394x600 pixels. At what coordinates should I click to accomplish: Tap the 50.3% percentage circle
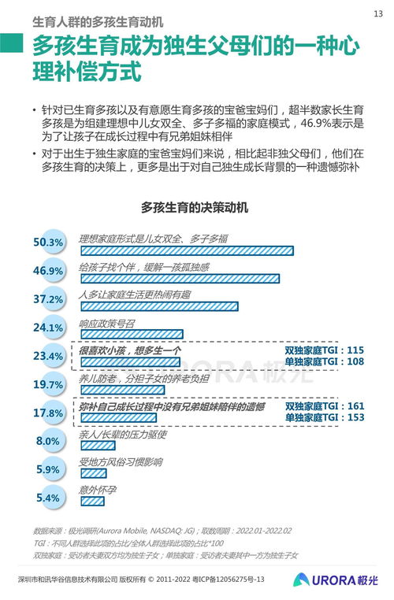click(49, 243)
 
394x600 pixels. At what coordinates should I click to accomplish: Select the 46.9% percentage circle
click(49, 271)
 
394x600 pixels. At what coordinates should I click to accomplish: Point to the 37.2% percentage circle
click(49, 299)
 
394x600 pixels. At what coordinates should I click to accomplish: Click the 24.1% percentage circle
click(49, 328)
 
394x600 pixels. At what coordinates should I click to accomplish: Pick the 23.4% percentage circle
click(49, 356)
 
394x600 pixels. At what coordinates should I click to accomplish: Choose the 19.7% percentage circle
click(49, 384)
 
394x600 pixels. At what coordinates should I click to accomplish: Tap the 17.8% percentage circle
click(49, 413)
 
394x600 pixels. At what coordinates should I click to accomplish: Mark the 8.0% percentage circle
click(49, 441)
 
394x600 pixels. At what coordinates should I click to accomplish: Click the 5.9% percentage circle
click(49, 469)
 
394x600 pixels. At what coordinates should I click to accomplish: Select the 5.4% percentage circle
click(49, 498)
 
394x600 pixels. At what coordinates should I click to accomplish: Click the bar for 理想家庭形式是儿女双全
click(186, 250)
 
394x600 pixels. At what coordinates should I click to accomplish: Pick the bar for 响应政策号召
click(131, 335)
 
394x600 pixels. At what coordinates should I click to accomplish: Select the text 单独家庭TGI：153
click(324, 417)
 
